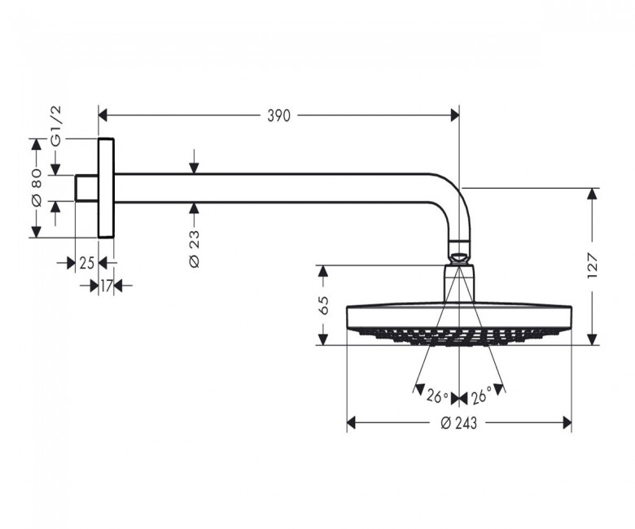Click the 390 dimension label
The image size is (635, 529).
point(279,116)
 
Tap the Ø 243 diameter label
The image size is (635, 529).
point(459,423)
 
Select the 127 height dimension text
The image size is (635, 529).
point(592,266)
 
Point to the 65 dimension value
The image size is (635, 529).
point(323,305)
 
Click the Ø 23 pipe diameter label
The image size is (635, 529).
point(195,248)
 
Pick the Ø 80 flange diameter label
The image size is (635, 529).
point(37,187)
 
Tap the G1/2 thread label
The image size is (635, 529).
point(55,126)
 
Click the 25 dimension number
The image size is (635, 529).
point(86,263)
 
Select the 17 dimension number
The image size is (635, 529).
point(106,286)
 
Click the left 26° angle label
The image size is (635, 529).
point(437,397)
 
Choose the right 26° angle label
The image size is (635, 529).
point(480,396)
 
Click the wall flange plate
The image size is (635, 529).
point(106,188)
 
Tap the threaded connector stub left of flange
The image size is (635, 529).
point(86,188)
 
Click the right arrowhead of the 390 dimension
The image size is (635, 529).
point(455,116)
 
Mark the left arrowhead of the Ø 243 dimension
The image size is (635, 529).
point(351,423)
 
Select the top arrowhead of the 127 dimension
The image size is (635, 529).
point(592,194)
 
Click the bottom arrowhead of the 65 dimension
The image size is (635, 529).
point(322,339)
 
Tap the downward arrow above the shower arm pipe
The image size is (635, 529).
point(195,161)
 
